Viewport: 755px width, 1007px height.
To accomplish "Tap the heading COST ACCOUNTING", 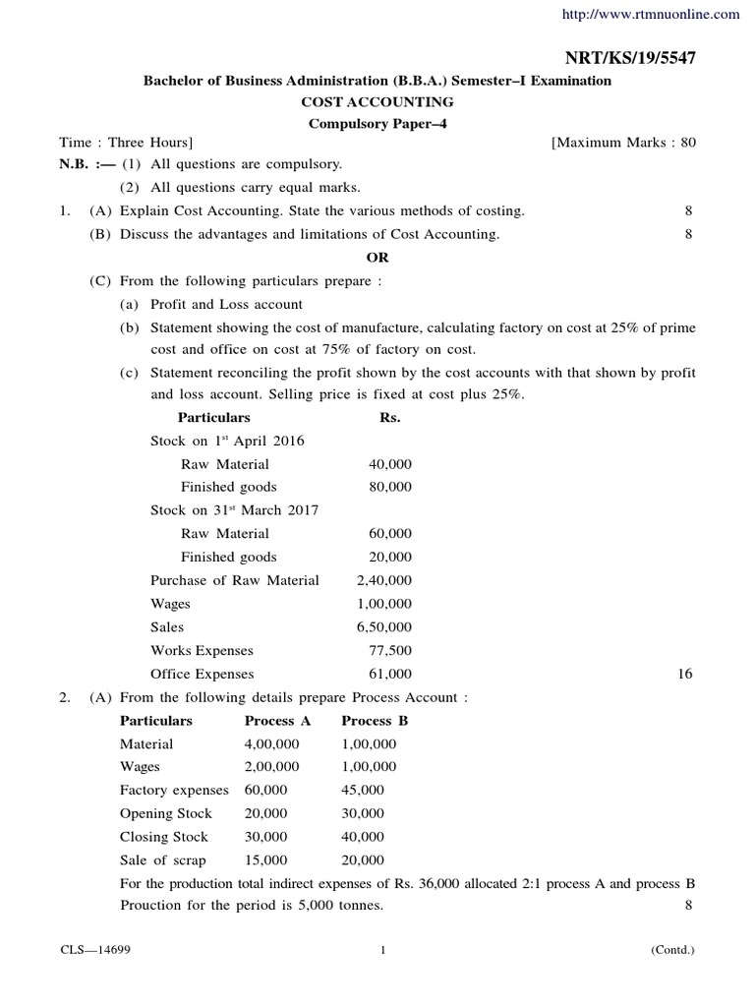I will tap(377, 101).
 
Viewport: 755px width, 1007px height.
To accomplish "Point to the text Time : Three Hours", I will tap(126, 143).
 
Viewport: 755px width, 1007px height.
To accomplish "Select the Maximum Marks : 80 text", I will tap(623, 143).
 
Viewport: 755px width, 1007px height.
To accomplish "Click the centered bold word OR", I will tap(377, 257).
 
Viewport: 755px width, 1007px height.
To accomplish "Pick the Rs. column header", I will tap(390, 417).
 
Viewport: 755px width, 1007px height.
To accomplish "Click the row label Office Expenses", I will tap(202, 674).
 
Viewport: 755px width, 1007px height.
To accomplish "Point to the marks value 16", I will tap(685, 674).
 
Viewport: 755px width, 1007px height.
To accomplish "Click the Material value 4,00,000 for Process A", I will tap(272, 743).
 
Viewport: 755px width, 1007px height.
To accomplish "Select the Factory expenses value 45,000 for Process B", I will tap(364, 790).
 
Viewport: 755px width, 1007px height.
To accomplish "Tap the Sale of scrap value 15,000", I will tap(265, 859).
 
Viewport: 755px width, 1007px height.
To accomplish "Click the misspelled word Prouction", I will tap(153, 906).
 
